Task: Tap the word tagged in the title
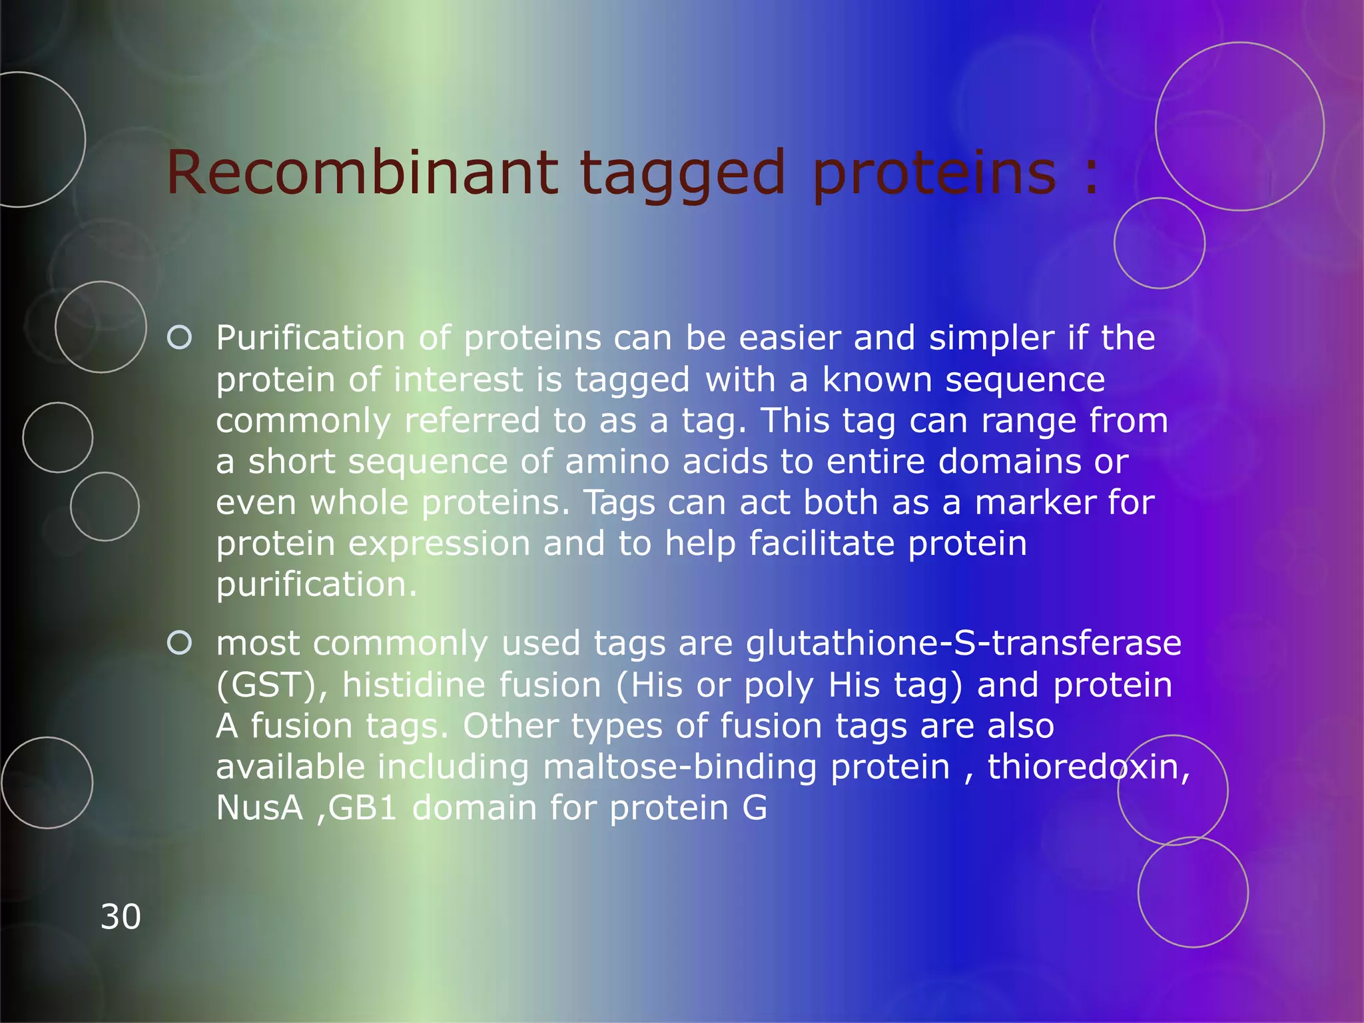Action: coord(683,174)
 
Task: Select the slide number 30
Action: coord(121,916)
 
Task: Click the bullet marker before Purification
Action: coord(180,338)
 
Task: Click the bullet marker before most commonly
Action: coord(180,643)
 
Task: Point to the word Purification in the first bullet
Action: coord(310,338)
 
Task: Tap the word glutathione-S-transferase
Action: coord(963,643)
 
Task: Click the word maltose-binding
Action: coord(679,767)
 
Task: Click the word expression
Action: coord(440,544)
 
